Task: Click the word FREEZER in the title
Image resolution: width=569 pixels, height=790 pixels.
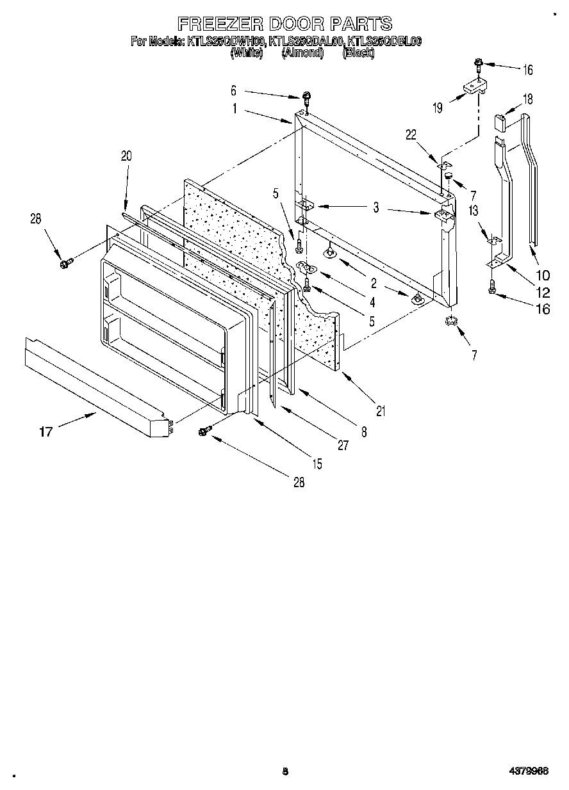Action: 219,24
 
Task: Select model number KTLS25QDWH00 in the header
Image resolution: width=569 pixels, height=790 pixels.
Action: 225,42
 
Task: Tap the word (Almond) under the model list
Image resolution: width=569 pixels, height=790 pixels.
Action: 302,53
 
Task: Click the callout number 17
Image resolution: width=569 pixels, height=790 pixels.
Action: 45,432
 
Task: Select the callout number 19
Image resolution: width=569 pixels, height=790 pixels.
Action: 437,108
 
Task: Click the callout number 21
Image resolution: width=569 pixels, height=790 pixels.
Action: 381,412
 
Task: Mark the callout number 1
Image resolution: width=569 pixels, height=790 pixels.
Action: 235,109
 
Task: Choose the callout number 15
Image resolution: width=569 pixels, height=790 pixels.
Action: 317,464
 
